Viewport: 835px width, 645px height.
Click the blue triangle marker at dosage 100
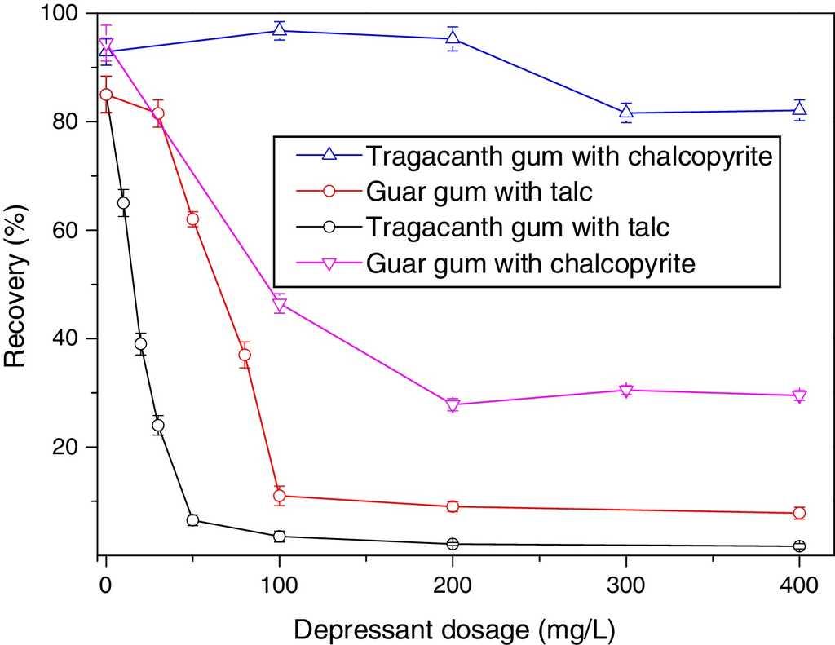pos(279,31)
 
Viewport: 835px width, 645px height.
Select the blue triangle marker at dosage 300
pos(625,113)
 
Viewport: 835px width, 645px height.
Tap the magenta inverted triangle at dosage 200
pos(453,405)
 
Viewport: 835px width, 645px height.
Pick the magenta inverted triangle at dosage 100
pos(279,305)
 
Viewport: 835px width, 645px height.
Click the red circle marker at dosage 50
pos(192,219)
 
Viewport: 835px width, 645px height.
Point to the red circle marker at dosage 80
pos(245,355)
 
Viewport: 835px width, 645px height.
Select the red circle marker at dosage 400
pos(799,513)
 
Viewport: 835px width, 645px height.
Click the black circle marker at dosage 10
pos(123,203)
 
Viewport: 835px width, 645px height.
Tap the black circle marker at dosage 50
pos(192,520)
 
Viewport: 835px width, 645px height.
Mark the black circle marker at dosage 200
pos(453,544)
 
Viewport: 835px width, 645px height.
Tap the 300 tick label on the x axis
pos(625,586)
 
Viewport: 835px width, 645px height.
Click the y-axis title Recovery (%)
pos(17,284)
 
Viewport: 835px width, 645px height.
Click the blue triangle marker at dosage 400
pos(799,110)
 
